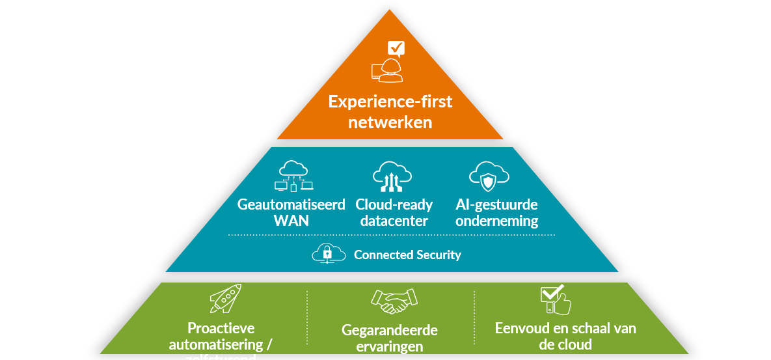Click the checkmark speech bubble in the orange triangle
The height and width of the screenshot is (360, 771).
click(396, 48)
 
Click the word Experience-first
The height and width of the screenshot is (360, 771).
click(390, 102)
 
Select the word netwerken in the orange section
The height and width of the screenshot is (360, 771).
click(390, 122)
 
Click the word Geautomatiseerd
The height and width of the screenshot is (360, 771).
click(291, 204)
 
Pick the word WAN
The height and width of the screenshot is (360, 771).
click(291, 220)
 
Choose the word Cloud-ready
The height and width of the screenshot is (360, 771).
click(394, 204)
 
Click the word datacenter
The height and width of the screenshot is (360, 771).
click(393, 220)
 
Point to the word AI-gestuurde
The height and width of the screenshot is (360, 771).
click(496, 204)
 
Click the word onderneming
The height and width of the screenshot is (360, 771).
click(496, 220)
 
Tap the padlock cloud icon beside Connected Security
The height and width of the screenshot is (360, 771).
click(329, 253)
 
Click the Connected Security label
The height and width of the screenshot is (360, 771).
click(407, 255)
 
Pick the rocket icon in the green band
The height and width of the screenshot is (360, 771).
click(225, 299)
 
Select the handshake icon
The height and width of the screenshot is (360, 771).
click(394, 301)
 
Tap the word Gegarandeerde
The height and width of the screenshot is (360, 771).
click(389, 331)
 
